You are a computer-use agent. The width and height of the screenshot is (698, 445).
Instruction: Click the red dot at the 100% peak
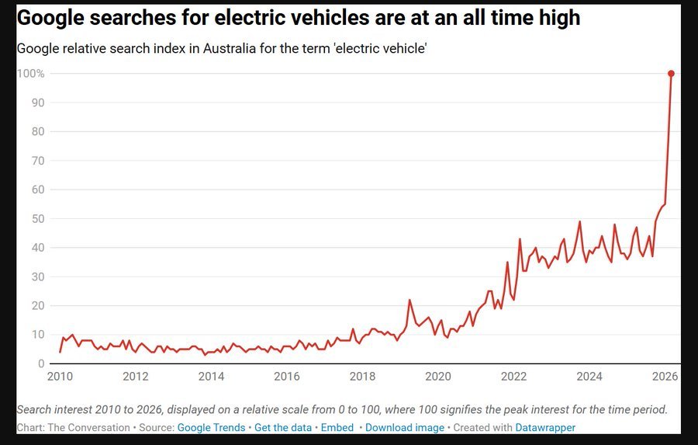(671, 74)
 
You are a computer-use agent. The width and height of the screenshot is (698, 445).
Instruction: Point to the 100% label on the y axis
(29, 74)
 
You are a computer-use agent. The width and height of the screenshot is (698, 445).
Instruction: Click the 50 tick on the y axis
(37, 219)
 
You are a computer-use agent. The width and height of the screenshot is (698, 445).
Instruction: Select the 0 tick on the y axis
(40, 363)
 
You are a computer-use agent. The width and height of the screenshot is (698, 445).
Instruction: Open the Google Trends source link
(211, 428)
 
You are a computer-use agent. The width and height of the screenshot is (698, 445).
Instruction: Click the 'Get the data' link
(283, 428)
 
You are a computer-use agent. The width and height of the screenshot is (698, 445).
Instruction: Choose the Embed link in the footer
(337, 428)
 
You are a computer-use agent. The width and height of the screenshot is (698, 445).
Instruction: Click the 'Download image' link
(405, 428)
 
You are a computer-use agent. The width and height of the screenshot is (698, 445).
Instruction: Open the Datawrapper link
(545, 428)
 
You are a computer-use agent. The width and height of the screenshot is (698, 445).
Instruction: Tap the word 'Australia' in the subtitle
(226, 48)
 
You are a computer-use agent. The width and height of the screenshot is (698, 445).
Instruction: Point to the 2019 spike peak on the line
(409, 300)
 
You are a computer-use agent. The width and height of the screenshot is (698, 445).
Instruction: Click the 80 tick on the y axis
(37, 132)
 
